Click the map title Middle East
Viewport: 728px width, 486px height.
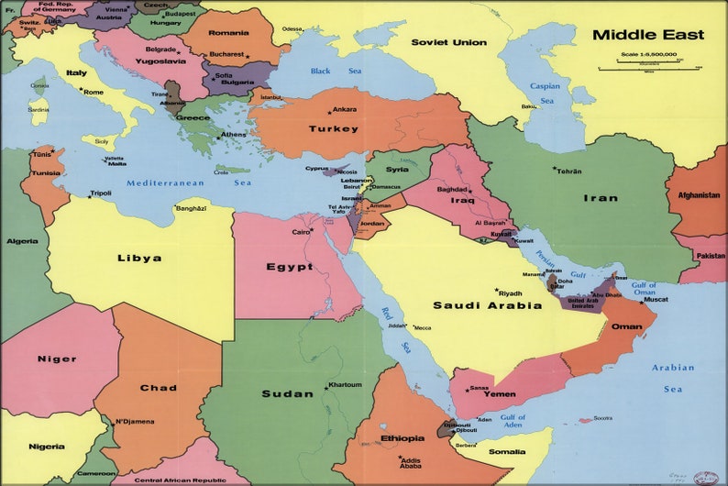click(647, 35)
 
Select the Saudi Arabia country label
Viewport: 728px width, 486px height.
click(487, 305)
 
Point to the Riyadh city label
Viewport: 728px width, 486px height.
click(510, 293)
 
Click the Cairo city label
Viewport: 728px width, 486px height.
click(302, 232)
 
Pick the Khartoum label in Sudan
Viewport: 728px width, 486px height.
click(345, 384)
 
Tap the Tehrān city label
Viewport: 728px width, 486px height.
click(569, 171)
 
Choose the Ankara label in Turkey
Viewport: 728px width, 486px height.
click(345, 109)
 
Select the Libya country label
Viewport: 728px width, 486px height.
click(139, 258)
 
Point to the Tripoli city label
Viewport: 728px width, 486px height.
click(101, 193)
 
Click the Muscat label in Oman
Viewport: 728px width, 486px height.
click(656, 299)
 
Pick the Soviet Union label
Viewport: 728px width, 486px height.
click(448, 42)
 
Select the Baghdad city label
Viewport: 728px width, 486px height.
click(452, 189)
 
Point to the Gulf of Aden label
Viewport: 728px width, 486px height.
click(513, 421)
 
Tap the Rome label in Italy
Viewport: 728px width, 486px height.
click(94, 92)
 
